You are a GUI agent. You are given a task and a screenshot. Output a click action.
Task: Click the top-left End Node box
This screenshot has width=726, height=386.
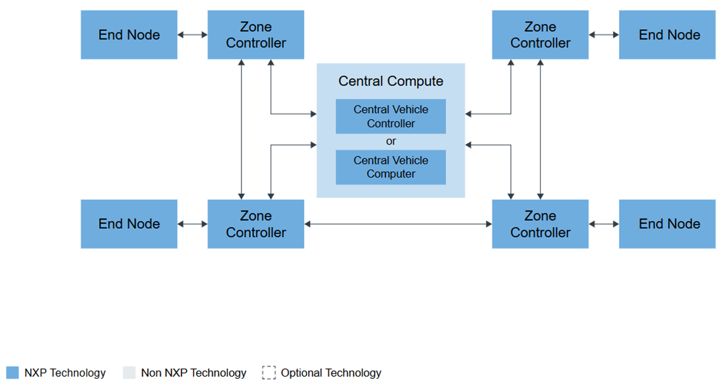(129, 35)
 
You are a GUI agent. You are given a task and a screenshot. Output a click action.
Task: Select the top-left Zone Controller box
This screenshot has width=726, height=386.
(255, 35)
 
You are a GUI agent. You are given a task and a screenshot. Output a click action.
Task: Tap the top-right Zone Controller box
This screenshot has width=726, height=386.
(540, 35)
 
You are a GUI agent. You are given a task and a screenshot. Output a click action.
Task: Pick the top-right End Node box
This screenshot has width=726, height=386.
(667, 35)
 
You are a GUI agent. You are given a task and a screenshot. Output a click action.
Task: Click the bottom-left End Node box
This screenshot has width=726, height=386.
(129, 224)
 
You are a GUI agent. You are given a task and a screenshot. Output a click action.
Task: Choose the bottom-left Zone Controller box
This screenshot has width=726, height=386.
(255, 224)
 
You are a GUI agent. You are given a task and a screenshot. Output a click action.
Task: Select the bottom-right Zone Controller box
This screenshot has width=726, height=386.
(540, 224)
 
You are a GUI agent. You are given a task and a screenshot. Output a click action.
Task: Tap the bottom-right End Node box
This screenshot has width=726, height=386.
(667, 224)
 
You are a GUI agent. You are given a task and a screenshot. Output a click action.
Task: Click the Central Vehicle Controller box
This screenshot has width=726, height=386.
(391, 117)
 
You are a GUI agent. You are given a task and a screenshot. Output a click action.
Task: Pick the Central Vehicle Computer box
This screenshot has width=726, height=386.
(391, 168)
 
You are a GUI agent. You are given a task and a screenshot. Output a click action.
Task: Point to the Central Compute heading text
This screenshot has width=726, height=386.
(391, 81)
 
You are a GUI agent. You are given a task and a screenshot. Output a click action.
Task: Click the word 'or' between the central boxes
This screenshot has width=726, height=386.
(391, 142)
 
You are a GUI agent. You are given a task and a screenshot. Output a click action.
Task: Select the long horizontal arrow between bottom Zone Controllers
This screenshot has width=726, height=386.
(398, 224)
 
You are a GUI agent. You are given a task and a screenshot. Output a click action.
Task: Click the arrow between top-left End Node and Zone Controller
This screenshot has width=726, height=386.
(192, 35)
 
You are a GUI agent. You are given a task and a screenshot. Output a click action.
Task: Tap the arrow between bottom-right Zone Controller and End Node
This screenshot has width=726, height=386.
(603, 224)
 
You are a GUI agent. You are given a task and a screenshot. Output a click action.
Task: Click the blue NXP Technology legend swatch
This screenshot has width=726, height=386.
(13, 373)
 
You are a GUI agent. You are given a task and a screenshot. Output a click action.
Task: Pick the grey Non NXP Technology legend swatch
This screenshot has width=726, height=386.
(129, 373)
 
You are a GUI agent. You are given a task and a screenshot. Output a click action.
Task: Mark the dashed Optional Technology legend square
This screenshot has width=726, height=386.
(269, 373)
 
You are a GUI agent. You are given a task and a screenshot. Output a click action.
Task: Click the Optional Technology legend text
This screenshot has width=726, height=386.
(331, 373)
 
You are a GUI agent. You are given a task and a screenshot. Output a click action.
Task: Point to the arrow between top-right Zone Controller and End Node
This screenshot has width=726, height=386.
(603, 35)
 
